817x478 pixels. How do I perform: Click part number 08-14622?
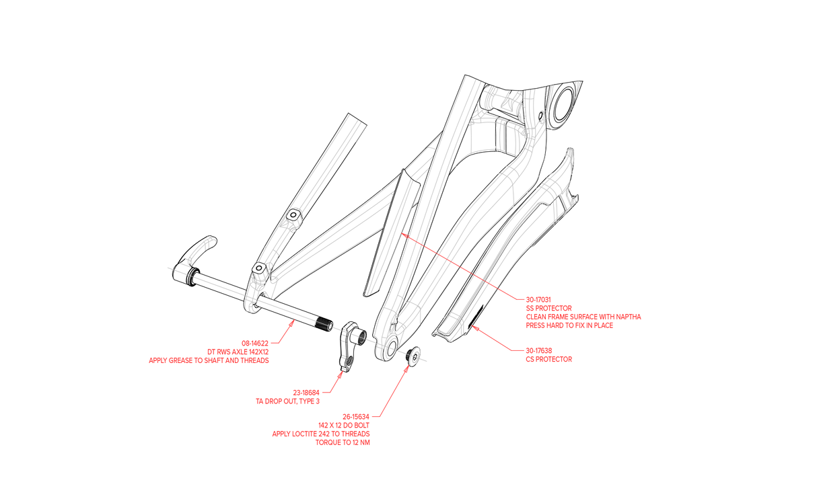click(255, 343)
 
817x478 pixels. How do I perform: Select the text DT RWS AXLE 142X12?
click(238, 352)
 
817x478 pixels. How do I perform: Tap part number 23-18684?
click(306, 393)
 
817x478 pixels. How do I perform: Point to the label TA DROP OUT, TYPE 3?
click(288, 401)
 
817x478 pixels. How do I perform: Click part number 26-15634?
click(356, 416)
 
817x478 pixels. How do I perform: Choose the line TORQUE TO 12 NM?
click(343, 442)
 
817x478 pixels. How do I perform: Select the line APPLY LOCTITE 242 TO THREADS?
click(321, 434)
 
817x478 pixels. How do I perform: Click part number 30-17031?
click(538, 300)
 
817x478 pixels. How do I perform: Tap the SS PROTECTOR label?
click(549, 308)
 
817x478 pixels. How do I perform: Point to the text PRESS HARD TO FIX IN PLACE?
click(569, 325)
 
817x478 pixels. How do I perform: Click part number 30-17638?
click(538, 350)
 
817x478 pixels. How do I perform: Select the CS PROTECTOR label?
click(549, 359)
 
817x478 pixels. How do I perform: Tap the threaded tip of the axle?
click(324, 324)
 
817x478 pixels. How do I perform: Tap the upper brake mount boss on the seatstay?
click(293, 216)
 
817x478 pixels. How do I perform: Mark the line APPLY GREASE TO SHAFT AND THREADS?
click(209, 361)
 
